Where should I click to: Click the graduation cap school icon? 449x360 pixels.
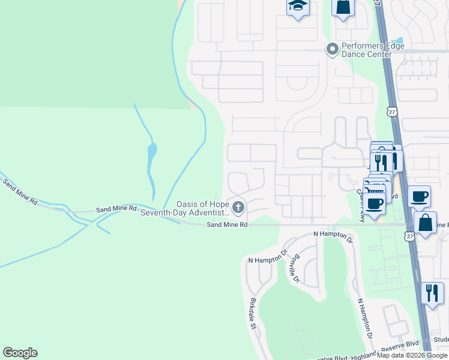298,7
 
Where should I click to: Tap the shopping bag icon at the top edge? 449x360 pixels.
343,8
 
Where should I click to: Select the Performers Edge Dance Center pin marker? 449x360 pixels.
332,49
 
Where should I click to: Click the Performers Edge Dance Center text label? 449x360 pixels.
367,50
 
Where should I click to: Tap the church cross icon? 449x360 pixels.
238,208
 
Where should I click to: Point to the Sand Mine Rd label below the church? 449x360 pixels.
227,225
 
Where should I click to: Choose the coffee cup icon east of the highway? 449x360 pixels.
418,196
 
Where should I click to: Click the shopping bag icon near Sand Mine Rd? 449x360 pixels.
425,223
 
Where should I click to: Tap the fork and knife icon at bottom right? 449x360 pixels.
432,293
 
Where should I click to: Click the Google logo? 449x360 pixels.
20,353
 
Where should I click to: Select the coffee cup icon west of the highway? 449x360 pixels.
374,203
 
